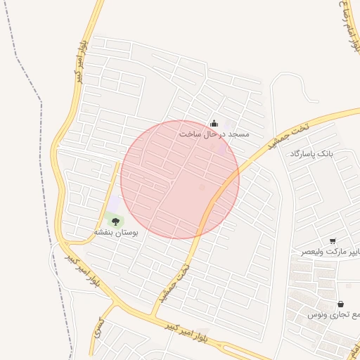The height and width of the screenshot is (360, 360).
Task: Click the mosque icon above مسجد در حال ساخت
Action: [x=214, y=124]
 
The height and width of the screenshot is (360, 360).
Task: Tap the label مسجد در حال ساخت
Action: [x=214, y=134]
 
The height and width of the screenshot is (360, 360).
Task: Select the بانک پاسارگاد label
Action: [x=315, y=153]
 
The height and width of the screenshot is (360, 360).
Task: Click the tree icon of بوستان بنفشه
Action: [x=115, y=221]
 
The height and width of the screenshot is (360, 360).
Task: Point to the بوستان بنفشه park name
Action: [x=116, y=231]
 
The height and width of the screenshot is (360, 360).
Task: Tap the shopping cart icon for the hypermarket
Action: [x=332, y=240]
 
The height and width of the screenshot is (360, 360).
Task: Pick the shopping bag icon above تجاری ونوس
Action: [x=340, y=304]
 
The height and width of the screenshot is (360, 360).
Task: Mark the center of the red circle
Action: [x=180, y=179]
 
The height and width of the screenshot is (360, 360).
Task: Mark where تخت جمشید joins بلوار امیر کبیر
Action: [x=153, y=313]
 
